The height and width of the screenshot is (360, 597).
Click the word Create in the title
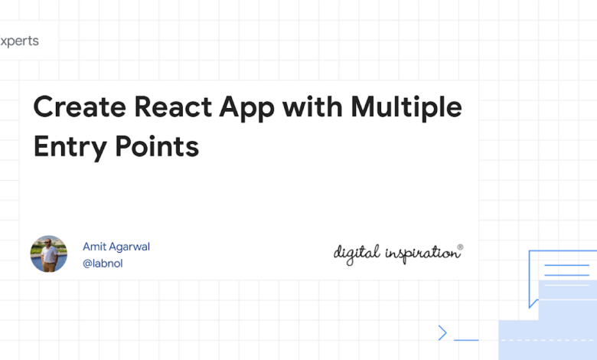click(x=80, y=106)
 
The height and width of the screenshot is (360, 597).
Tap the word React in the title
click(x=173, y=106)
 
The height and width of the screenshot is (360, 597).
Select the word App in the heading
click(x=246, y=109)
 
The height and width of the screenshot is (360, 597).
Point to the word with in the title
click(x=312, y=106)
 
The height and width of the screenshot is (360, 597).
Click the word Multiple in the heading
click(x=406, y=109)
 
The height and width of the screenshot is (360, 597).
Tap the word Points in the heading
click(x=157, y=146)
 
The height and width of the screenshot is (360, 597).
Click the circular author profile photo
click(x=49, y=254)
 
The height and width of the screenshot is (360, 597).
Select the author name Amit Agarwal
click(x=116, y=247)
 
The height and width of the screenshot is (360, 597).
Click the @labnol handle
click(x=103, y=263)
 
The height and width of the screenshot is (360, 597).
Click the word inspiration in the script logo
click(x=422, y=254)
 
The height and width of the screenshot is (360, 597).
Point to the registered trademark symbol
click(x=460, y=247)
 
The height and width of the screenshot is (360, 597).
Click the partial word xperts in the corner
click(x=19, y=41)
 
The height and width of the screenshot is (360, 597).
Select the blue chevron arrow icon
click(x=442, y=332)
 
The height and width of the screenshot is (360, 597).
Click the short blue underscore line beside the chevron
click(x=466, y=340)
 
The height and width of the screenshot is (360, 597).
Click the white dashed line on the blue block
click(x=549, y=340)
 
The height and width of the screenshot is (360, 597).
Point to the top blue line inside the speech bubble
click(x=567, y=265)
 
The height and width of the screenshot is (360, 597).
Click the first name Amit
click(x=94, y=247)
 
